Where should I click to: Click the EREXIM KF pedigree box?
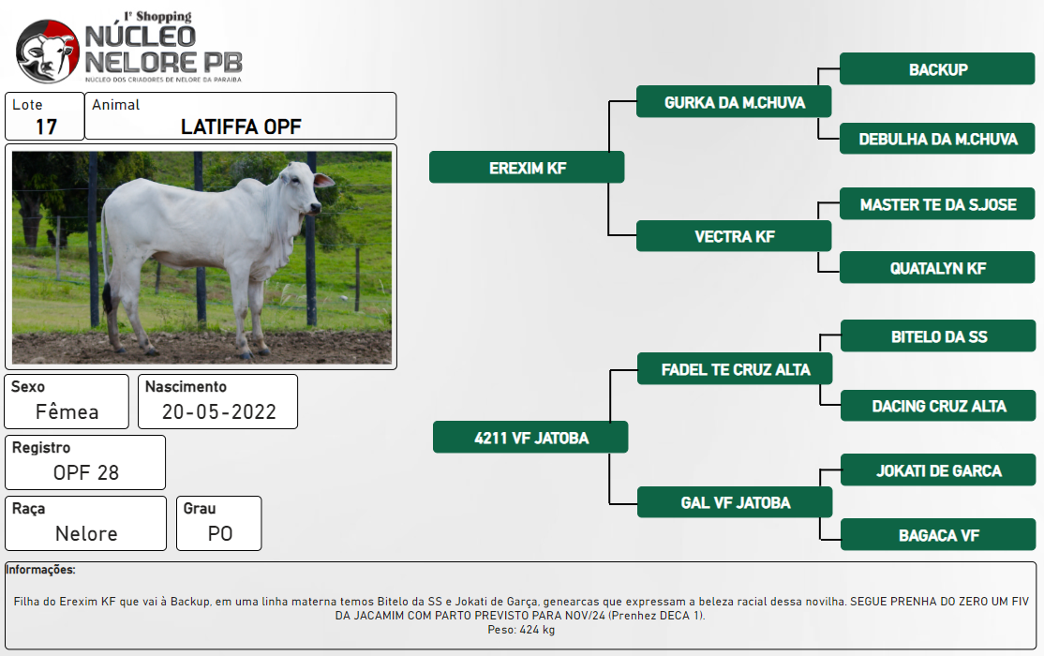click(x=527, y=167)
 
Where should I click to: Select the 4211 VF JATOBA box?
click(x=530, y=437)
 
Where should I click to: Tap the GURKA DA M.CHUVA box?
click(x=734, y=102)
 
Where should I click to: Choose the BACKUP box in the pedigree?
click(x=937, y=69)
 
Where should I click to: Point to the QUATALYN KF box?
click(x=937, y=268)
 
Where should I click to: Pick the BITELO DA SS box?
click(x=939, y=336)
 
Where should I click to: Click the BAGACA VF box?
click(x=939, y=535)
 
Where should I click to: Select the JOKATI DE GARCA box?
click(x=939, y=470)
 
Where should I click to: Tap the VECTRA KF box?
click(x=734, y=236)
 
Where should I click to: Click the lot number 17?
click(x=46, y=127)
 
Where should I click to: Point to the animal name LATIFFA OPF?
click(x=241, y=127)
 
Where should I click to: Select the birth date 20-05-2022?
click(x=219, y=412)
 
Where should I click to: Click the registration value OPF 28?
click(x=86, y=473)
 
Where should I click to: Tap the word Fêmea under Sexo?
click(x=67, y=411)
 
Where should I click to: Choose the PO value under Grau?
click(x=219, y=533)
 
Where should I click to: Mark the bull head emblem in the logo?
click(x=47, y=52)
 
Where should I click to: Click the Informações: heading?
click(x=40, y=570)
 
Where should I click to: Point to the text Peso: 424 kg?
click(x=521, y=630)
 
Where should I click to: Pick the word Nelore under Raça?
click(x=86, y=533)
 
